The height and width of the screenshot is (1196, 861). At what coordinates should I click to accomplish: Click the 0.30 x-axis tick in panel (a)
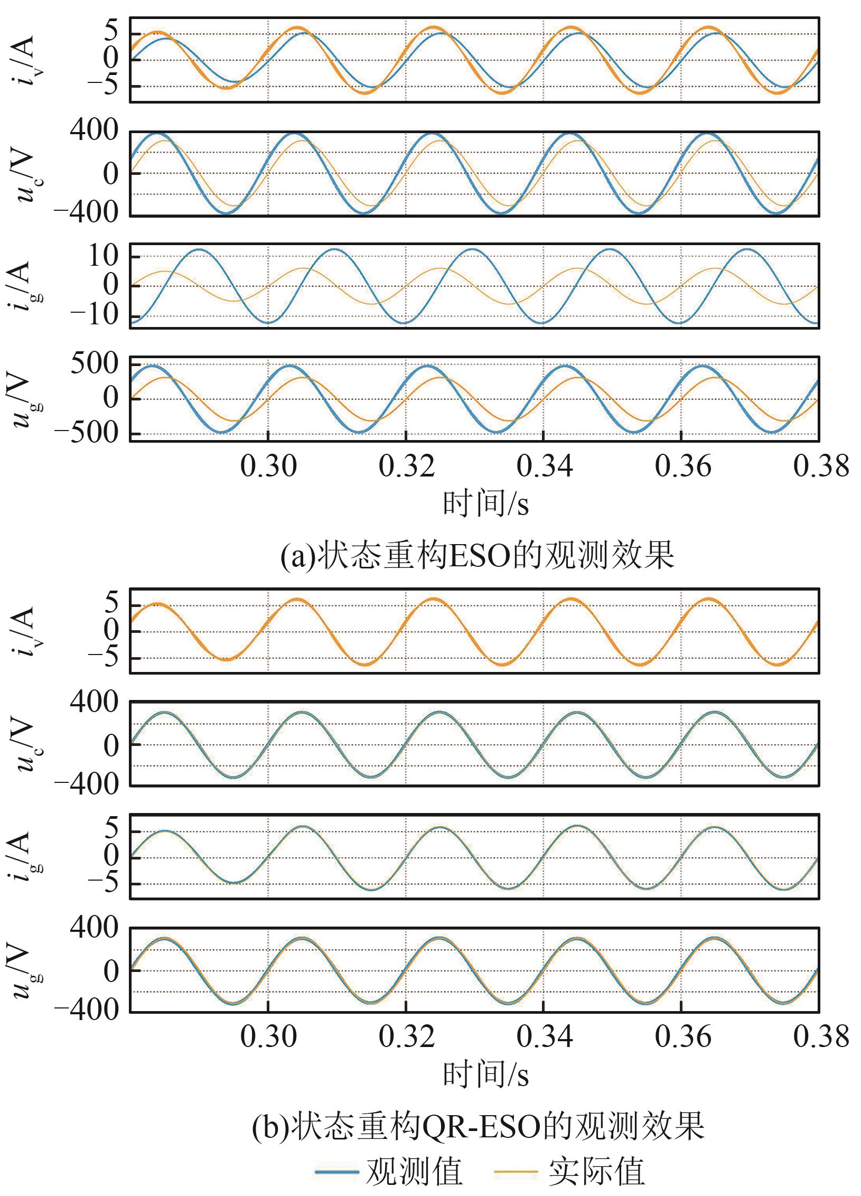(x=268, y=467)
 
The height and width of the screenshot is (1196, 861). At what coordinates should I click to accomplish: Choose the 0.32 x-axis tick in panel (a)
(x=407, y=467)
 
